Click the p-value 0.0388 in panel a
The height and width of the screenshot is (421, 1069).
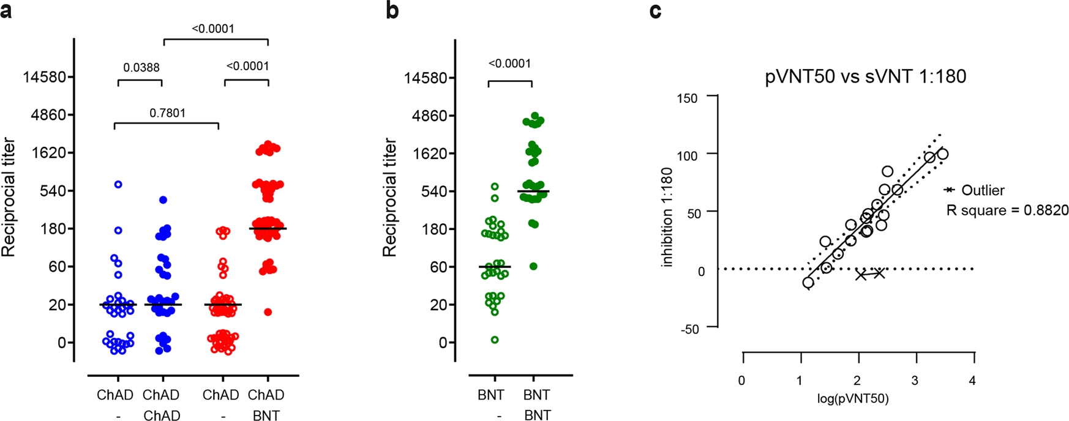(141, 68)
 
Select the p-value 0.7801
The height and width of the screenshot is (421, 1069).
(167, 113)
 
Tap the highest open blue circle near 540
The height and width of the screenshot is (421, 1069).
(119, 184)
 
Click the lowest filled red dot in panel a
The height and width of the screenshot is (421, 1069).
(268, 312)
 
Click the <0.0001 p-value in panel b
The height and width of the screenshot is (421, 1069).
(509, 64)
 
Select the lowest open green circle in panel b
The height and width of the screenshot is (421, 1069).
(495, 340)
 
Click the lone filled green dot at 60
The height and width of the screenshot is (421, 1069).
(533, 266)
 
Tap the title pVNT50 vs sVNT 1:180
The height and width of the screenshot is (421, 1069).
(865, 76)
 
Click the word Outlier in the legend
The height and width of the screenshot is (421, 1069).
(983, 190)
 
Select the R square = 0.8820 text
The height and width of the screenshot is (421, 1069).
(1007, 210)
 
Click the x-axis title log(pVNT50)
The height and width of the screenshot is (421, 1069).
(853, 399)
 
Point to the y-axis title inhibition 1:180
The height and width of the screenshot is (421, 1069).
(667, 217)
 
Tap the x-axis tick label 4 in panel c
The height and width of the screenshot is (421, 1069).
(972, 381)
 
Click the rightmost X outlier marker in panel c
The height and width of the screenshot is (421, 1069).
(879, 273)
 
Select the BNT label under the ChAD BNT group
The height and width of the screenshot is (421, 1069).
(266, 415)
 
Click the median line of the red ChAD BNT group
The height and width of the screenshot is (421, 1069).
(268, 228)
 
